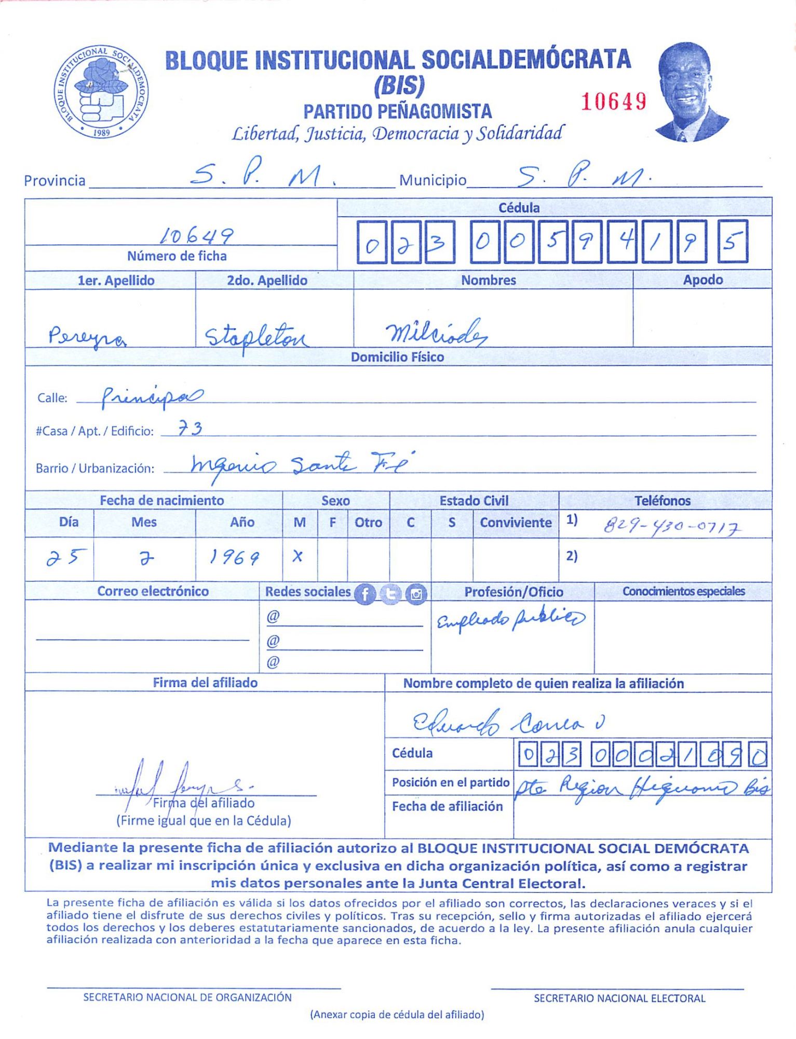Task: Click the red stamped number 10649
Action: (x=613, y=101)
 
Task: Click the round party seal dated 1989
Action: (x=101, y=91)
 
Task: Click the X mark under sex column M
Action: (x=298, y=556)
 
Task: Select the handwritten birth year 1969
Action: (x=234, y=557)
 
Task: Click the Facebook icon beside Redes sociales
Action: (x=365, y=594)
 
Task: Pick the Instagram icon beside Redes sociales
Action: (x=416, y=594)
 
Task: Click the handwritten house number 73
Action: (x=190, y=429)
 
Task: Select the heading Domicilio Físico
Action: (x=397, y=357)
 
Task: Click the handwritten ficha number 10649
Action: (x=196, y=236)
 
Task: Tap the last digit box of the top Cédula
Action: (x=732, y=242)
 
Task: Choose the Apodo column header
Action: (x=703, y=280)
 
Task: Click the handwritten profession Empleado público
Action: (x=510, y=619)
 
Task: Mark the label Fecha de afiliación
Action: (x=447, y=806)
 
